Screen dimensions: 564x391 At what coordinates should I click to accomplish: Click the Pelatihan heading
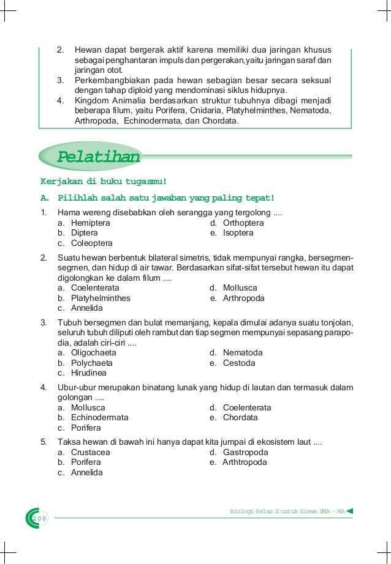98,157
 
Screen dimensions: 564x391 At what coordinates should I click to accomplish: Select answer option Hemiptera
91,223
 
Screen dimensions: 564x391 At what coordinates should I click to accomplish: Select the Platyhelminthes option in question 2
101,298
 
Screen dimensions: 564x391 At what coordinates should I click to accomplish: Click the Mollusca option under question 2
240,288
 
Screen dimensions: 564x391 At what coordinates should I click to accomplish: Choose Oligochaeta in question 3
93,353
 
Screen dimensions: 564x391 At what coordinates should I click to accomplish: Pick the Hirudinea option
89,373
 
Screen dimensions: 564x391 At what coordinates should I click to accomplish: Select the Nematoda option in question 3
243,353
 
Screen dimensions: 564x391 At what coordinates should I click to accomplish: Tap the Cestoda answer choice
239,363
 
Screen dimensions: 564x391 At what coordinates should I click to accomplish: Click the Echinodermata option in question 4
99,418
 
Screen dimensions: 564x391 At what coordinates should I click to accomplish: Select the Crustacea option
91,452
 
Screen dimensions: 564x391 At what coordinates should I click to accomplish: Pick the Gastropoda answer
245,452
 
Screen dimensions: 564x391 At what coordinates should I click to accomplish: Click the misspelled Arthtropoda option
245,462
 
